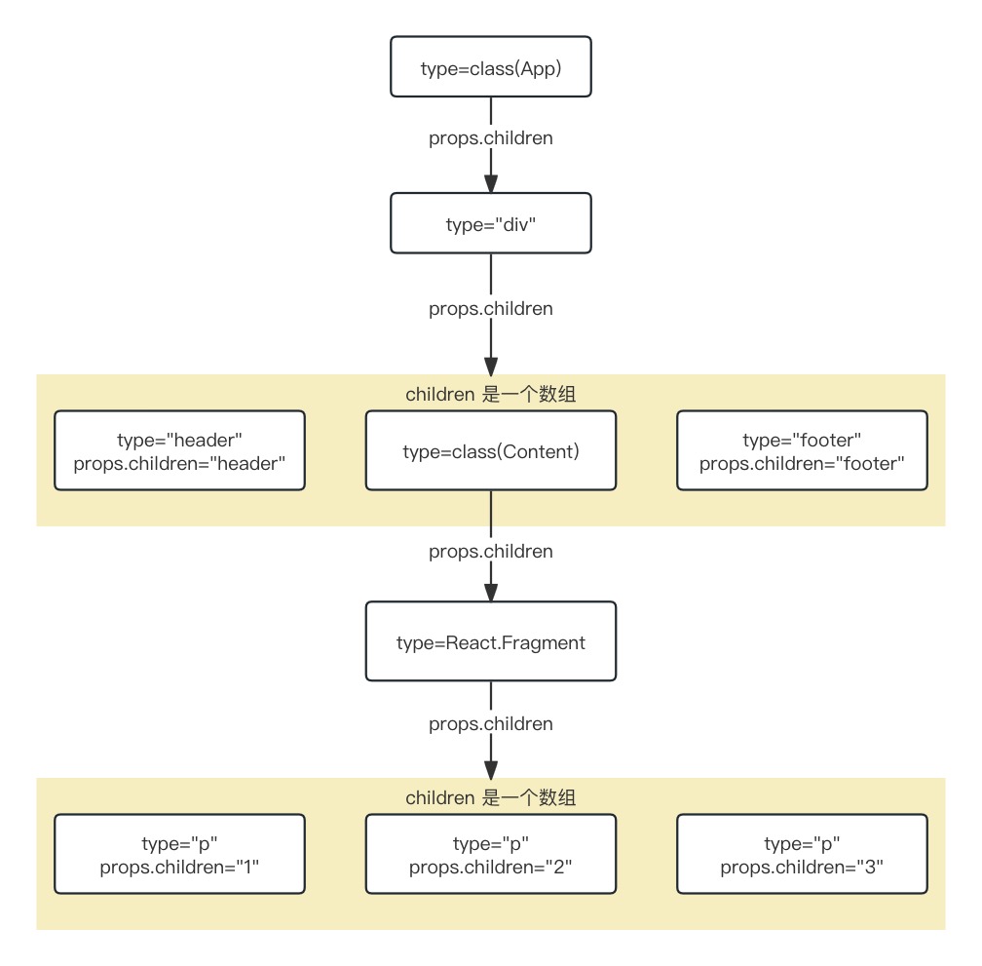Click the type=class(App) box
pos(490,66)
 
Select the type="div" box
pos(490,223)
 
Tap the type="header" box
pos(179,450)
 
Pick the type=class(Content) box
pos(490,450)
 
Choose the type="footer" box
pos(802,450)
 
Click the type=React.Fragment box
pos(490,640)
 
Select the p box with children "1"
pos(179,854)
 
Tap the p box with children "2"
pos(490,854)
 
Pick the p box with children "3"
pos(802,854)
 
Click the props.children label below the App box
pos(490,137)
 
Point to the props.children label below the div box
pos(490,308)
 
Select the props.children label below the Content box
pos(490,552)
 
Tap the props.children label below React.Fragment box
pos(490,723)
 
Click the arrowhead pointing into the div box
pos(491,183)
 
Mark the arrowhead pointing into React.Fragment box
pos(491,592)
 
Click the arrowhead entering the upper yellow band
pos(491,366)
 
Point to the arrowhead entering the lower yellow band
pos(491,769)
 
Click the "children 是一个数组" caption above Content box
pos(490,394)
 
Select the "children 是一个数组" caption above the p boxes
pos(490,797)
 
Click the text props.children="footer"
pos(802,464)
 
